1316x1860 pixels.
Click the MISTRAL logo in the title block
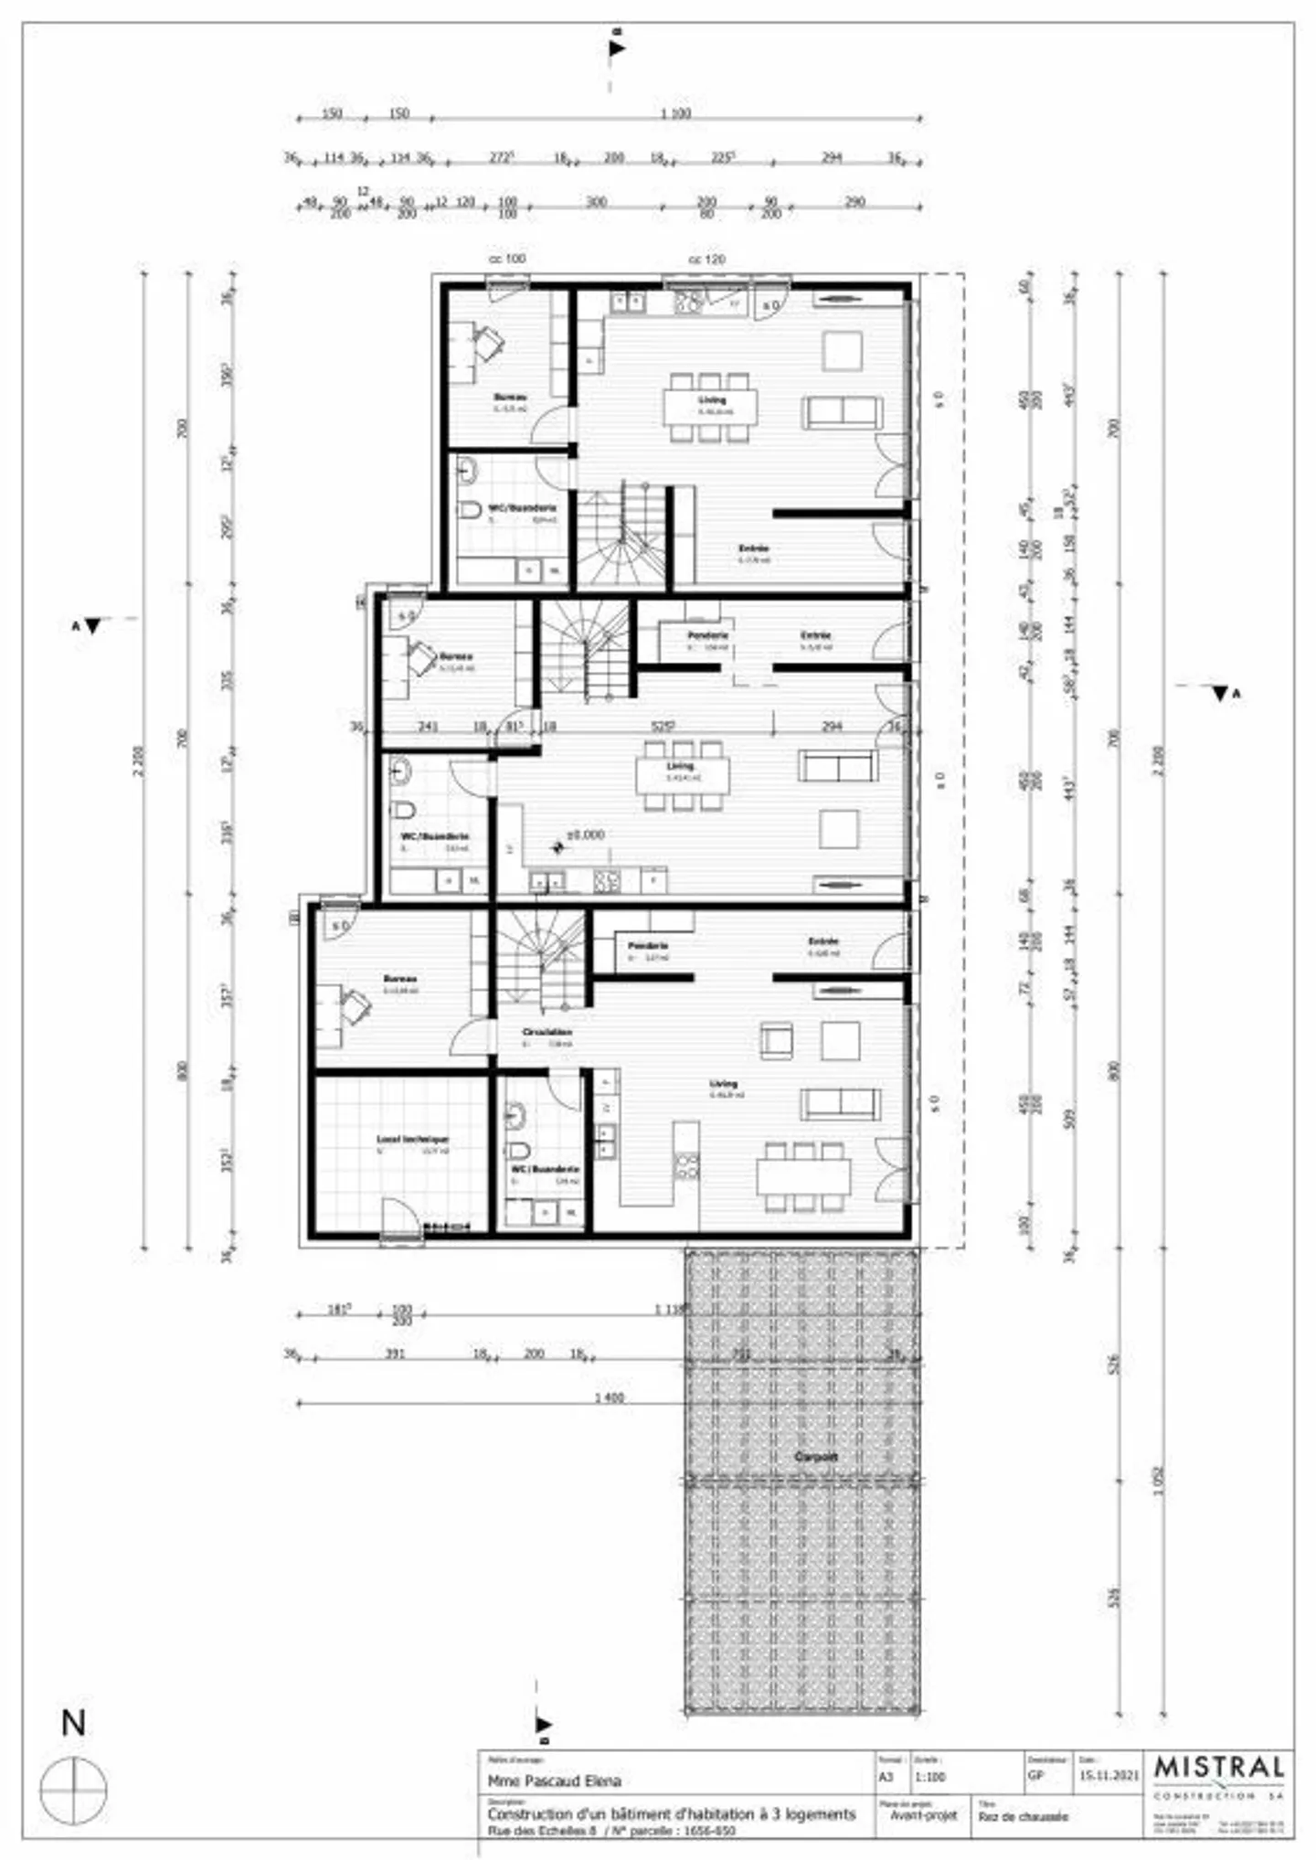[x=1219, y=1769]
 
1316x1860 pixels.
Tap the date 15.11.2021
[x=1109, y=1777]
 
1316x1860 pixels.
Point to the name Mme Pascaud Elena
[x=554, y=1780]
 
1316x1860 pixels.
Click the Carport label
[x=815, y=1457]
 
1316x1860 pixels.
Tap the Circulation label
[x=547, y=1032]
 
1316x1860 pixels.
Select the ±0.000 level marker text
[x=585, y=834]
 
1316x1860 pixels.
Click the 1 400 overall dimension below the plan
[x=609, y=1398]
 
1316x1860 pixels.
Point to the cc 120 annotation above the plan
[x=706, y=260]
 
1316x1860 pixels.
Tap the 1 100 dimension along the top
[x=675, y=113]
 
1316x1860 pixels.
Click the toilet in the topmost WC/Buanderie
[x=470, y=510]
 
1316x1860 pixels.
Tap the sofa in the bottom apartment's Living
[x=840, y=1104]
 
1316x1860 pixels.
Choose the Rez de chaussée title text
[x=1023, y=1817]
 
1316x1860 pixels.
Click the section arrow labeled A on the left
[x=91, y=626]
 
